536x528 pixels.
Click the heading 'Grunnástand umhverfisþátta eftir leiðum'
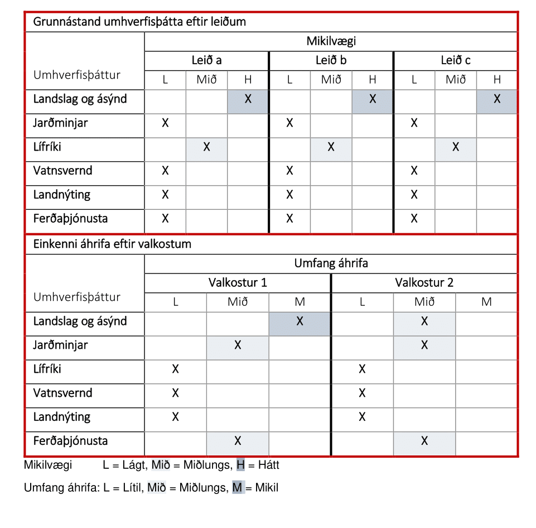point(139,22)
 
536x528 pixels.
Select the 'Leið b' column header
point(331,60)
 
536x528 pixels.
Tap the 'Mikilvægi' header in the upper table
point(331,41)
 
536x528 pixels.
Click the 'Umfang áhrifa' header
point(331,263)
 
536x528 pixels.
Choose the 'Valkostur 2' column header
point(424,282)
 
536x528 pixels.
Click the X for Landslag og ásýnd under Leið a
point(248,99)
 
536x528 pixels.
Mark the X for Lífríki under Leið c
point(456,147)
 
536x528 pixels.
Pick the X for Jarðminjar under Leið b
point(289,123)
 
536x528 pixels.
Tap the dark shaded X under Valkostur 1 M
point(300,321)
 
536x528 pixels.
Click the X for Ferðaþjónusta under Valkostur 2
point(424,441)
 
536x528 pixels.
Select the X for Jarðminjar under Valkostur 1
point(238,345)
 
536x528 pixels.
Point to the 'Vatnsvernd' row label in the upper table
point(62,171)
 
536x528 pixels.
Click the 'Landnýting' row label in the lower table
point(61,417)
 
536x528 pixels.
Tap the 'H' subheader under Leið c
point(497,80)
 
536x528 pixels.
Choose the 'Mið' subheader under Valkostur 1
point(238,302)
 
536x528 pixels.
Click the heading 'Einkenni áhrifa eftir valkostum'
point(112,244)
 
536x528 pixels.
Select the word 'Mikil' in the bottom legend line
point(266,488)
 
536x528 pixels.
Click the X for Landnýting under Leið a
point(165,195)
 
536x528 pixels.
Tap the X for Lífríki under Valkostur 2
point(362,369)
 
